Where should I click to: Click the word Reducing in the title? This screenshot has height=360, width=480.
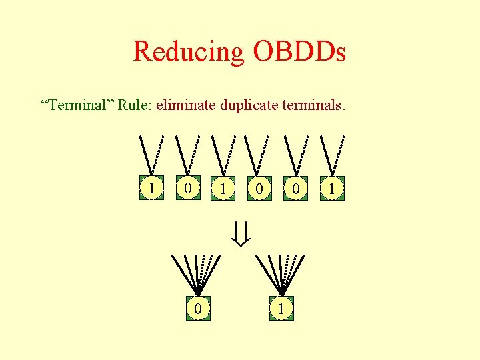click(x=189, y=51)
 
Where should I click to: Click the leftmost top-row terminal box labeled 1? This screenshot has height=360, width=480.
click(x=153, y=189)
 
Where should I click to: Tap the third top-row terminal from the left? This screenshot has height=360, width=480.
click(x=225, y=189)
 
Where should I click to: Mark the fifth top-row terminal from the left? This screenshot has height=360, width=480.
click(x=296, y=189)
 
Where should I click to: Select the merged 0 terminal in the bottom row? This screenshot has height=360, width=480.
click(x=197, y=308)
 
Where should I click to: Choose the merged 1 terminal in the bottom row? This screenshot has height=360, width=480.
click(x=283, y=308)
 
